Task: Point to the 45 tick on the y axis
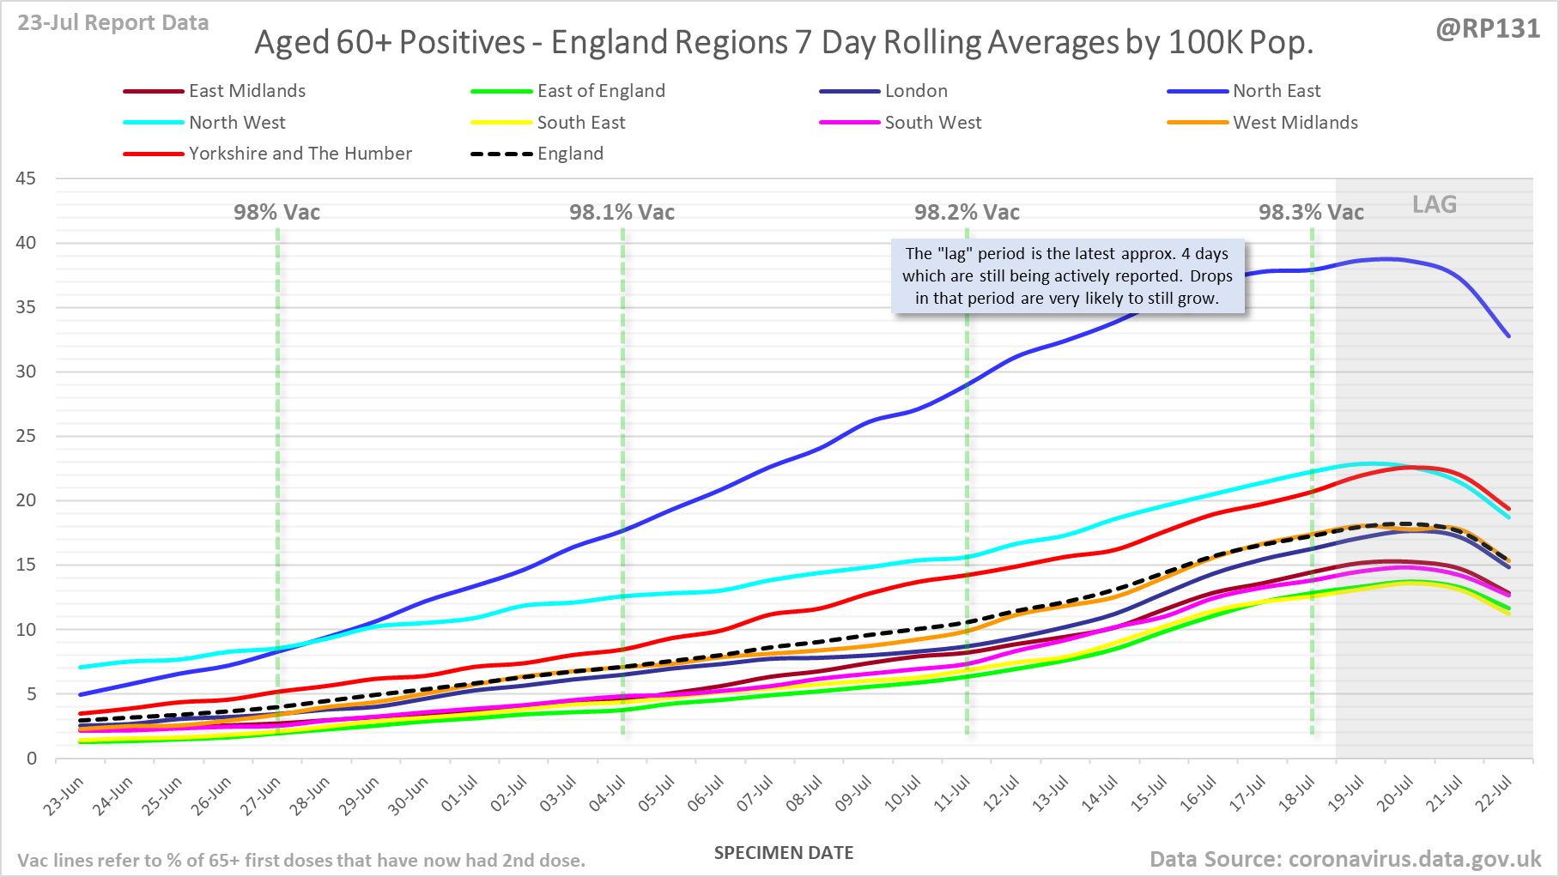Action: point(27,178)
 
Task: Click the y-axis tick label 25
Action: point(27,436)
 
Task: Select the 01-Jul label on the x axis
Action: point(460,794)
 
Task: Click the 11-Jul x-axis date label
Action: point(952,794)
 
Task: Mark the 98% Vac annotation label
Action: point(276,213)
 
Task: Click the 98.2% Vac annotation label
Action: point(967,213)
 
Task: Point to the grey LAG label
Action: point(1435,204)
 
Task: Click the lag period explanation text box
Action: point(1067,276)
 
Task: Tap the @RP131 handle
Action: point(1488,29)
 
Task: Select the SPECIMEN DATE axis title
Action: point(784,853)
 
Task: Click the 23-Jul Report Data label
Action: point(113,23)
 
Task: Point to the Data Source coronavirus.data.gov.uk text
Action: point(1345,859)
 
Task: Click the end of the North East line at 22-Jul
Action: point(1508,336)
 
